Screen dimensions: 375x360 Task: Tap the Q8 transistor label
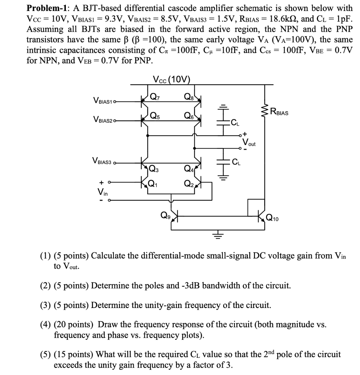click(x=189, y=97)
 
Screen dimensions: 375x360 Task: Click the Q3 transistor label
click(x=154, y=168)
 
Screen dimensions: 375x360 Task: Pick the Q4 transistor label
click(x=189, y=168)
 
